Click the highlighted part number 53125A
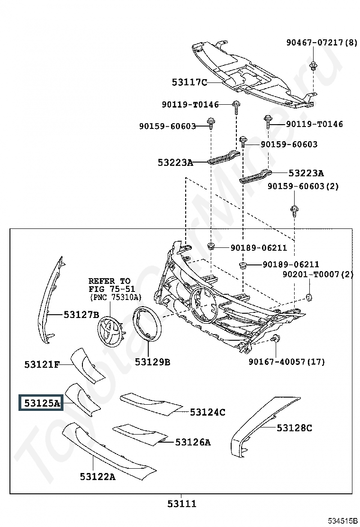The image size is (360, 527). (42, 403)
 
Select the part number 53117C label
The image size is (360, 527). (189, 82)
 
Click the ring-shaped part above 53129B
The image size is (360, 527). (147, 324)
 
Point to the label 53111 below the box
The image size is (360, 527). (181, 504)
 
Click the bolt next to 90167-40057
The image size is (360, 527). (275, 339)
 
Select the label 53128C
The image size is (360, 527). (294, 428)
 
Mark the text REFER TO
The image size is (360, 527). (109, 281)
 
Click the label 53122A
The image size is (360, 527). (98, 476)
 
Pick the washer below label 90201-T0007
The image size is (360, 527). (309, 297)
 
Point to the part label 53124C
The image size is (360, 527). (207, 412)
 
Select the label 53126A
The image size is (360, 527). (193, 442)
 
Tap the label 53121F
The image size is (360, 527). (42, 364)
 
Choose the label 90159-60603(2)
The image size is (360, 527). (303, 186)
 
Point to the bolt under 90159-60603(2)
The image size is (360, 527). (294, 209)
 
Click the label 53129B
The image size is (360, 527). (152, 362)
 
